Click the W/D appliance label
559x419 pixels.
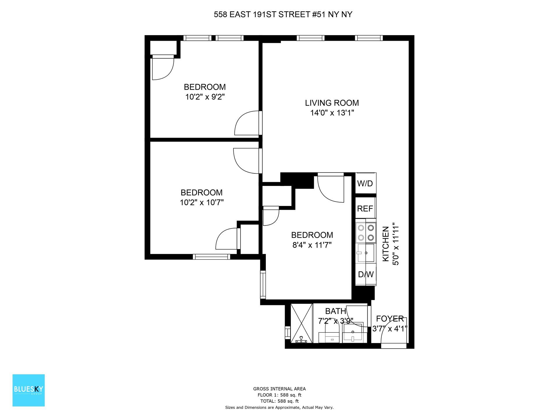(365, 184)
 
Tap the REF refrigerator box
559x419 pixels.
(365, 208)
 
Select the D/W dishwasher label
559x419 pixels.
(366, 274)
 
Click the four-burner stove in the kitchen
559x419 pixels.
(366, 233)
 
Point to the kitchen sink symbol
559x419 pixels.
(366, 253)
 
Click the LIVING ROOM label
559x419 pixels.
(332, 103)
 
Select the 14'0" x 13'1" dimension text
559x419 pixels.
(332, 113)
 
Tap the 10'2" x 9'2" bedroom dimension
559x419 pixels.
(205, 97)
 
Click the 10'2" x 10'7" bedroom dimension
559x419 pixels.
(201, 202)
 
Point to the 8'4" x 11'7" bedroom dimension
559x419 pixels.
(312, 245)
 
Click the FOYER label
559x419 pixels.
(390, 319)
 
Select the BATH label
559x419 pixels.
(335, 311)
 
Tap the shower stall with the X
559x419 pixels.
(302, 323)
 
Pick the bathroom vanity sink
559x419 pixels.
(353, 333)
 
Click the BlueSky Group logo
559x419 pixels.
(29, 390)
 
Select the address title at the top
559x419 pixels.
(283, 15)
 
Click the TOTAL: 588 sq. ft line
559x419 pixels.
(279, 401)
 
